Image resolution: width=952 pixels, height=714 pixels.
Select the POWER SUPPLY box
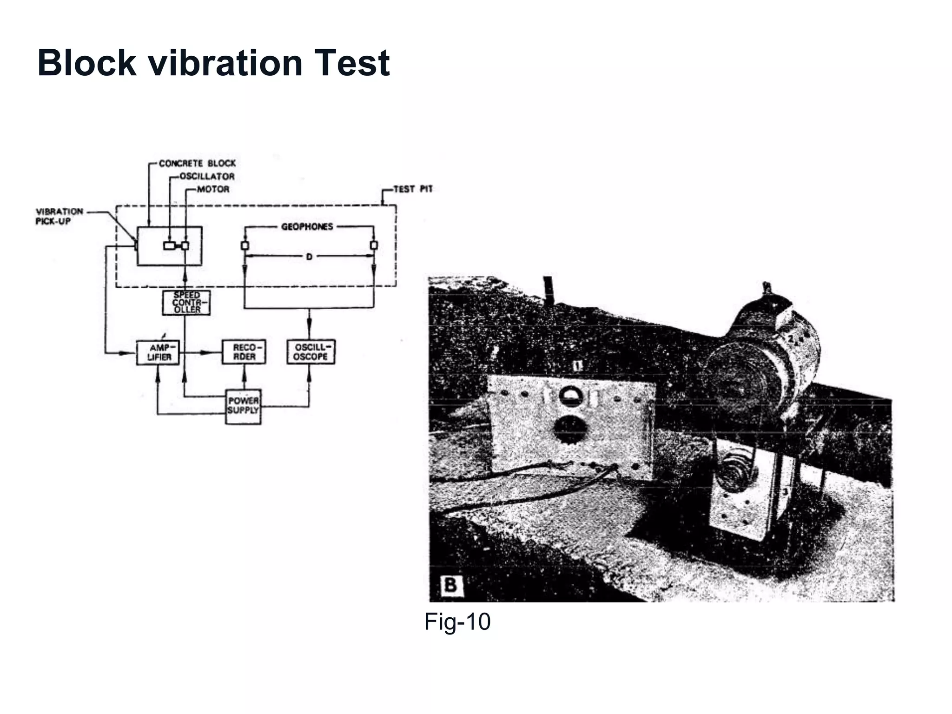pos(243,406)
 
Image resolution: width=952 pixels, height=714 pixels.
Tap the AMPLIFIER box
pos(158,352)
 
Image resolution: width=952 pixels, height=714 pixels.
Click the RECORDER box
pos(244,352)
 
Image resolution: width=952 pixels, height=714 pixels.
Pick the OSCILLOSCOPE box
pos(311,352)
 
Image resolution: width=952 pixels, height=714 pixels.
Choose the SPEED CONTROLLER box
pos(186,302)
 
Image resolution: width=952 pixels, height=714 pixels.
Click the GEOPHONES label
pos(307,227)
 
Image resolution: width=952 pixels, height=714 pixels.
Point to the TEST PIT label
pos(413,189)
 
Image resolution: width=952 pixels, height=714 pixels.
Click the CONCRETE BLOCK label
pos(197,164)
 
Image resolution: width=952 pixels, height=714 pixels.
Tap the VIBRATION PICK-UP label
pos(59,217)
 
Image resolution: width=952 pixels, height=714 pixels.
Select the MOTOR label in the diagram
pos(213,189)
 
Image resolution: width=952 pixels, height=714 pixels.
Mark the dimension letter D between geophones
pos(309,257)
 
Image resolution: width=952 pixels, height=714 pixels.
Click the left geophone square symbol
pos(245,245)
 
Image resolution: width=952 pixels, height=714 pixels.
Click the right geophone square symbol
pos(374,245)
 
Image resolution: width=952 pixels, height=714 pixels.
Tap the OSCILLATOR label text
pos(207,177)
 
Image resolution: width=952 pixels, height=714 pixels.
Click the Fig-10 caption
pos(457,621)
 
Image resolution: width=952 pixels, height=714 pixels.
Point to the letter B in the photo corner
pos(450,585)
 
